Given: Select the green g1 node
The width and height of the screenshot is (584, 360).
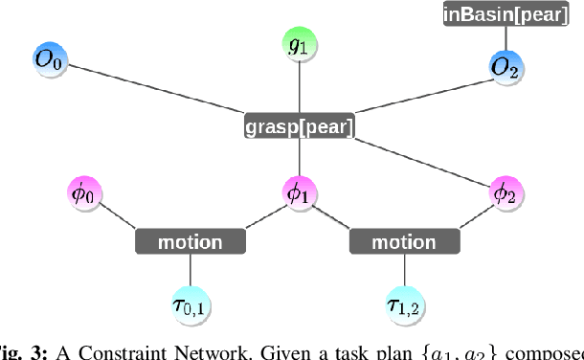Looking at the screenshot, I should pos(300,45).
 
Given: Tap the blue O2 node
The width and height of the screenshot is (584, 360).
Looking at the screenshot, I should pos(505,66).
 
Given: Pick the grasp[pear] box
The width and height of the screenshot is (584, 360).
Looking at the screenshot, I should pos(299,126).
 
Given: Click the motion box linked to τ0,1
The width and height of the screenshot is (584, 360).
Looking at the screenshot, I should pos(191,242).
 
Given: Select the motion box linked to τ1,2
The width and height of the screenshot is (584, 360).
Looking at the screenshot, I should pos(403,242).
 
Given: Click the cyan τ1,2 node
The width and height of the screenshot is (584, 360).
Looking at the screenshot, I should pos(404,305).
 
